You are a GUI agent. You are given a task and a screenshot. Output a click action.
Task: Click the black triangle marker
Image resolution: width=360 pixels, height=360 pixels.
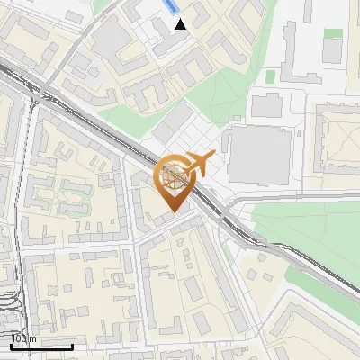181,24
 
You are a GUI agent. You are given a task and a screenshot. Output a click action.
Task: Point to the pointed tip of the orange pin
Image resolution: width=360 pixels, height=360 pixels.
174,211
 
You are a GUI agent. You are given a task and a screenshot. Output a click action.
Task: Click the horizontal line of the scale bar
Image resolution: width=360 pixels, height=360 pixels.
41,346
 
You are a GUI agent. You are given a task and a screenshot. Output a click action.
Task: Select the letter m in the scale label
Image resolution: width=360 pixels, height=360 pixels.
32,339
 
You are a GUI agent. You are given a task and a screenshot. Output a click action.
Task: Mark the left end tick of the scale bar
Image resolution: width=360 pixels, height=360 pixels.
11,345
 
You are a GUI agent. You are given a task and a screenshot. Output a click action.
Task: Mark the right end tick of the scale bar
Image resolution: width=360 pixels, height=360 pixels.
72,345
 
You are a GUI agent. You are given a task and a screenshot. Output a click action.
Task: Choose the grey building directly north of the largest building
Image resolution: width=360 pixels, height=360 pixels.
266,106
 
